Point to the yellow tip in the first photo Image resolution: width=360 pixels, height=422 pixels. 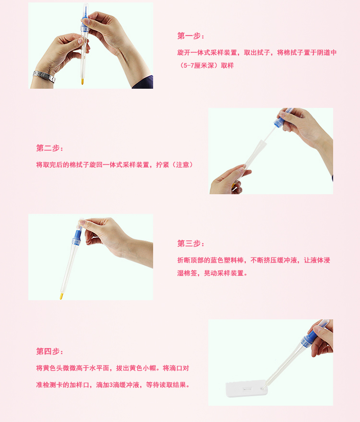pos(82,81)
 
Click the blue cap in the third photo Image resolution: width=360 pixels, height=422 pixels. pos(77,237)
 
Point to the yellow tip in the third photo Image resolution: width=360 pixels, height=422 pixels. pos(61,296)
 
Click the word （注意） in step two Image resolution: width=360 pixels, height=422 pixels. pos(183,164)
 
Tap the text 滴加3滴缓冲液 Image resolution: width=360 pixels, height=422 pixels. pos(118,385)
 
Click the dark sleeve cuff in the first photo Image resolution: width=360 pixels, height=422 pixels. pos(143,82)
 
